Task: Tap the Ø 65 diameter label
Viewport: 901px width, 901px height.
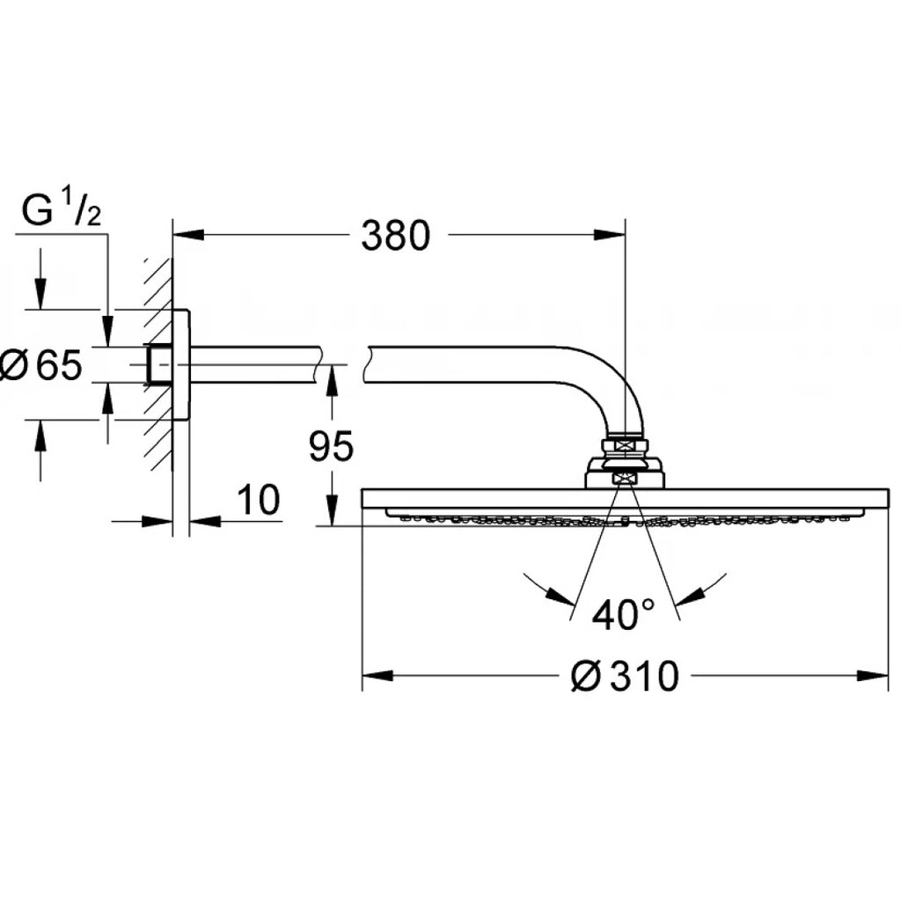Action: coord(41,364)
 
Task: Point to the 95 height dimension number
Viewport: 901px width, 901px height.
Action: coord(331,448)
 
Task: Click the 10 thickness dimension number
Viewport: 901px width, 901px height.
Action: coord(259,501)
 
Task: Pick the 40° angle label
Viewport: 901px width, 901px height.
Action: coord(623,614)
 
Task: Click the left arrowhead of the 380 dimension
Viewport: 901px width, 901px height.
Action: coord(187,235)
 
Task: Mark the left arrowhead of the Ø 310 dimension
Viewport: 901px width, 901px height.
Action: coord(377,676)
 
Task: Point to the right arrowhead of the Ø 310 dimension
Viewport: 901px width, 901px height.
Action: coord(874,676)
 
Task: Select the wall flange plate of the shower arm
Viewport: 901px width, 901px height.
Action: coord(180,364)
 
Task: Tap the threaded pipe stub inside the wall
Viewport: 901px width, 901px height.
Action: coord(159,364)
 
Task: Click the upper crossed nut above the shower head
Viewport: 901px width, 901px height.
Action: coord(626,446)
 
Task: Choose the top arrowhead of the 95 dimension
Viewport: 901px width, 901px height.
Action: coord(331,380)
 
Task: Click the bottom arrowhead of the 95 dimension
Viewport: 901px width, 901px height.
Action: coord(331,512)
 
